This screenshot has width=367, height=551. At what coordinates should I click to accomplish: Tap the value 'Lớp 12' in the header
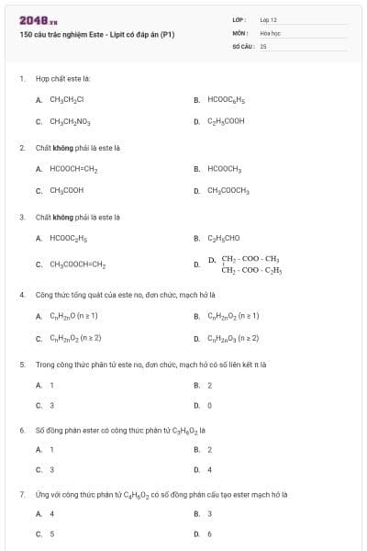coord(268,19)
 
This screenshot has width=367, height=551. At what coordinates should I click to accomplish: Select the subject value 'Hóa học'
coord(270,32)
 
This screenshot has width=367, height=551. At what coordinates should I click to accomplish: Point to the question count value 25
coord(262,45)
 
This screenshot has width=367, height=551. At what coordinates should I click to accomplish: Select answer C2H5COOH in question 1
coord(226,120)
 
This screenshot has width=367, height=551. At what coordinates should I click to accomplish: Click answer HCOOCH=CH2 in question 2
coord(73,169)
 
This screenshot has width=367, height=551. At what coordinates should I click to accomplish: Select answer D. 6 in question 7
coord(209,534)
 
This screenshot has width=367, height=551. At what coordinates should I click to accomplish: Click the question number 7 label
coord(21,494)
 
